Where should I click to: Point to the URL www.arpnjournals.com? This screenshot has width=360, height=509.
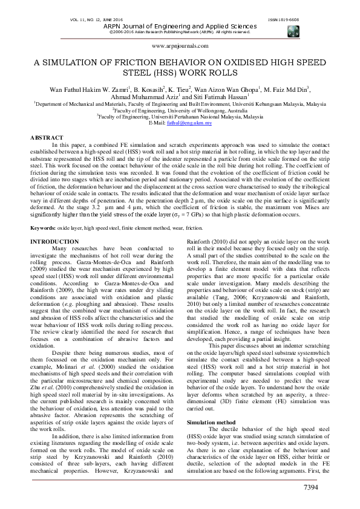pos(180,45)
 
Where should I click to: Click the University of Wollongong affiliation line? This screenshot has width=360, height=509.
pos(180,111)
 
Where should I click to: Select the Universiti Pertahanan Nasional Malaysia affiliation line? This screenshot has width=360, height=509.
pos(180,117)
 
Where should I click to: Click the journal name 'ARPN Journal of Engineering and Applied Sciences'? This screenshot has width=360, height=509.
pos(180,27)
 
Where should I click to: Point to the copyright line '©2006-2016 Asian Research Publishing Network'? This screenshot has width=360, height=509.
pos(180,33)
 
